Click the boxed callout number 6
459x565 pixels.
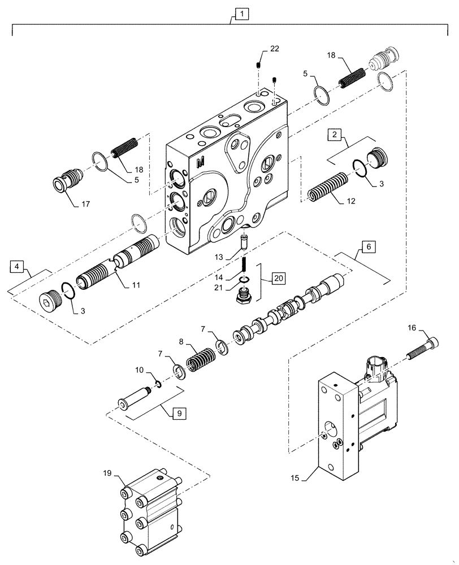(367, 247)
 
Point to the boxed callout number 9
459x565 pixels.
(176, 413)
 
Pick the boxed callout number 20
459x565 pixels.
(278, 278)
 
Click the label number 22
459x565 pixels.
(274, 49)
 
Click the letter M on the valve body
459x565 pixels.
(200, 163)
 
